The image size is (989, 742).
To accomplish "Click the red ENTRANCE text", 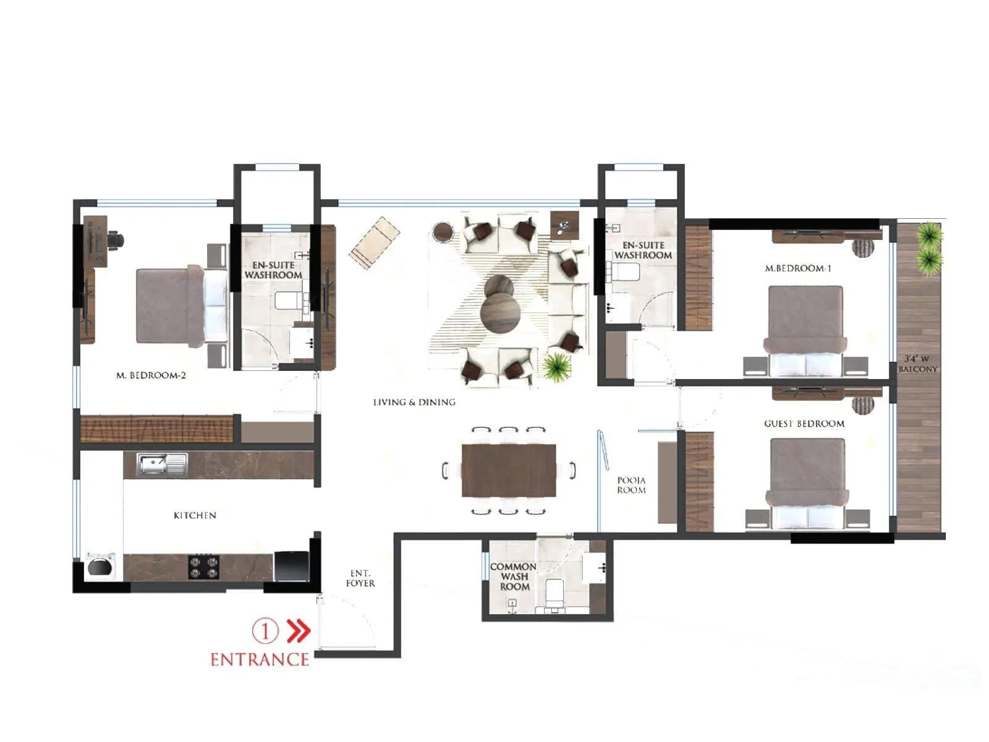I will [x=260, y=659].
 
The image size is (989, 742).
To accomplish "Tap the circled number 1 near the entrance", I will [x=265, y=631].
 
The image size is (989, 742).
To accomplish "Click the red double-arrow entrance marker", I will [x=300, y=631].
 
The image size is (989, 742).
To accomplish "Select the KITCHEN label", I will [x=195, y=515].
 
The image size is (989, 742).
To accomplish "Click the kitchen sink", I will [x=153, y=464].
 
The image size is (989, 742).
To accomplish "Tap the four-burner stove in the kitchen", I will [x=203, y=567].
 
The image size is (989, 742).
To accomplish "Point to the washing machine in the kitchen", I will [x=101, y=566].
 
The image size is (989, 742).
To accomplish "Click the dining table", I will [x=508, y=471].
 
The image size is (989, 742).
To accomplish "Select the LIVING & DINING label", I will [x=414, y=402].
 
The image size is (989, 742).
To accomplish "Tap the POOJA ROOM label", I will [x=631, y=485].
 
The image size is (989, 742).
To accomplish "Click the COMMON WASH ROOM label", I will [x=514, y=576].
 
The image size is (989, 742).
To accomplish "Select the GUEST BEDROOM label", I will [x=804, y=424].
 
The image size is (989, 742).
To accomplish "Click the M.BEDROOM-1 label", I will [x=798, y=268].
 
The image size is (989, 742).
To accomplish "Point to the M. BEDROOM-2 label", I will [x=151, y=375].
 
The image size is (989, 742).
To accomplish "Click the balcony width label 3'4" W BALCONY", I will [x=917, y=364].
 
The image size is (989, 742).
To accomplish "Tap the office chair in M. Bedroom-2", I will [x=116, y=239].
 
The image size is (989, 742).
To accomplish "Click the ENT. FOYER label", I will [x=360, y=578].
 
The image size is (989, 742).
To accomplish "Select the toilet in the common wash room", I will [x=554, y=593].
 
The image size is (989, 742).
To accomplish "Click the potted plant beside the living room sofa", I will [x=557, y=367].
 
